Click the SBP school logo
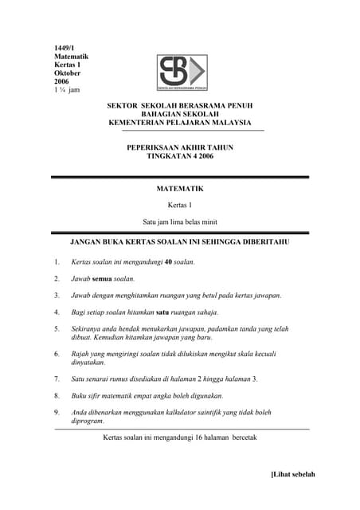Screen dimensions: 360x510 [x=182, y=73]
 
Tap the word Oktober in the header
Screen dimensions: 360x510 [x=67, y=73]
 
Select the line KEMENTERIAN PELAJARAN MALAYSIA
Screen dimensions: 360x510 [x=180, y=123]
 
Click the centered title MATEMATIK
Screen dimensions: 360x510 [x=180, y=189]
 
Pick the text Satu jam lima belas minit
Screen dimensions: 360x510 [x=180, y=221]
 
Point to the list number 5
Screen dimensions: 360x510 [x=57, y=328]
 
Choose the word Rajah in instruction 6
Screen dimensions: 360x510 [x=80, y=353]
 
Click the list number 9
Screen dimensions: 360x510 [x=57, y=412]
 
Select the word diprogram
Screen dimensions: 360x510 [x=88, y=421]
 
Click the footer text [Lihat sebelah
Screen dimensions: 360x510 [x=293, y=474]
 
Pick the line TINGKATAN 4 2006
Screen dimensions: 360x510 [x=180, y=157]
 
